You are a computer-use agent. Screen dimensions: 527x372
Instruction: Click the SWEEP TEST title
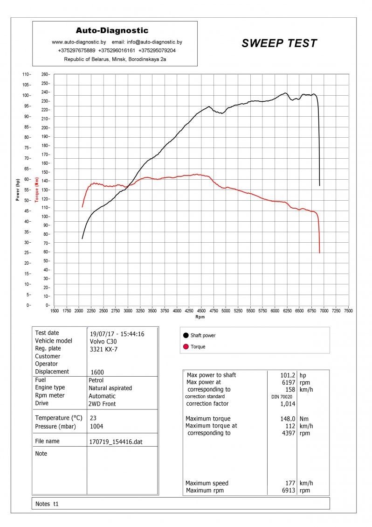point(279,43)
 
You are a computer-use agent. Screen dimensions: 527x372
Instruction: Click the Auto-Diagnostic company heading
point(112,31)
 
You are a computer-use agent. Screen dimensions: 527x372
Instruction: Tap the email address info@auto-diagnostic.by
point(154,42)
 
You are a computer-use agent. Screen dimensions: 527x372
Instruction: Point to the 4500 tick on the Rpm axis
point(201,310)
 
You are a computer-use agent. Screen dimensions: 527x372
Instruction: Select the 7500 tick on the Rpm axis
point(348,310)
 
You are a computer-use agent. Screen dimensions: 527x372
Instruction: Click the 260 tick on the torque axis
point(45,74)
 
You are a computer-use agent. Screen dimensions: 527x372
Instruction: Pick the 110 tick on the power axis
point(26,74)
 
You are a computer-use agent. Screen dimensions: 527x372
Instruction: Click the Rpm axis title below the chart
point(200,317)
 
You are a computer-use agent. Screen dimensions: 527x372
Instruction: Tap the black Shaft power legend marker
point(186,335)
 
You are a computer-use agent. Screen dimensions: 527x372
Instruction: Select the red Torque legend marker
point(186,346)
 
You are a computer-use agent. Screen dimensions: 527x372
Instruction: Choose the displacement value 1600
point(97,372)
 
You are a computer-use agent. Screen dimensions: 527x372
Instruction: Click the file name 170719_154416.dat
point(116,441)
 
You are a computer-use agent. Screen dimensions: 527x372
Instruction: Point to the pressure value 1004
point(96,426)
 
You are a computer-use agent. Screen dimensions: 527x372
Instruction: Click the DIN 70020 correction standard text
point(282,397)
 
